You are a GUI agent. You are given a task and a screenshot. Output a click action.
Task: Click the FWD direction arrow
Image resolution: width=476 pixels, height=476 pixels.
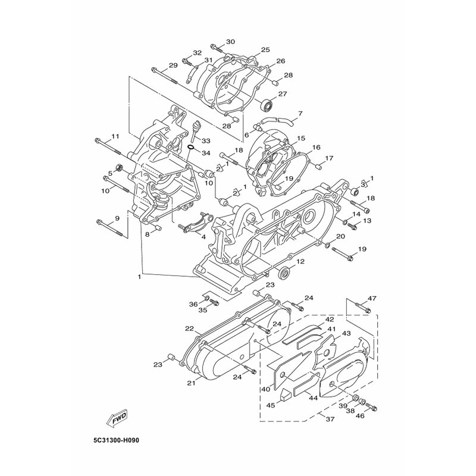(116, 421)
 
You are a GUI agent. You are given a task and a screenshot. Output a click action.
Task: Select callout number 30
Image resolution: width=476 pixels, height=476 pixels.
(230, 42)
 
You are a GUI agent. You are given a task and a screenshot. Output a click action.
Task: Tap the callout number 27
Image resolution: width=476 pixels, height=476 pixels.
(282, 94)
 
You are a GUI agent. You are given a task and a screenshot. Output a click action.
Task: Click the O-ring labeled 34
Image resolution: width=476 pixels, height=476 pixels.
(190, 148)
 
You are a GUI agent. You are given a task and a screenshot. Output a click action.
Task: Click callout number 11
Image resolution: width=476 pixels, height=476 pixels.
(115, 137)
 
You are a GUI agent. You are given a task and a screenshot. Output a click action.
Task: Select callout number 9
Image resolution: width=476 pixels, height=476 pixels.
(117, 218)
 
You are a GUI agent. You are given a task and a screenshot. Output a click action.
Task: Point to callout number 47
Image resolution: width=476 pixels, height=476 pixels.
(372, 299)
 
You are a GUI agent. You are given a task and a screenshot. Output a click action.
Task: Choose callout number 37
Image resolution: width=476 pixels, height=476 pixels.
(330, 419)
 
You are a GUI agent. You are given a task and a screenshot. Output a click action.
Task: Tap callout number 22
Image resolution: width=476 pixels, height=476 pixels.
(189, 329)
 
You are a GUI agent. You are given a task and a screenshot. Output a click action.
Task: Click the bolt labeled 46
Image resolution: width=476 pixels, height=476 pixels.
(371, 408)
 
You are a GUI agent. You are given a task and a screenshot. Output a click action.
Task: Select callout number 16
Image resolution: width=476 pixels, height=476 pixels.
(316, 148)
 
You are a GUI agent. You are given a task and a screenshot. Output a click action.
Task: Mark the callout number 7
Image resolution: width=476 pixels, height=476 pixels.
(300, 114)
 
